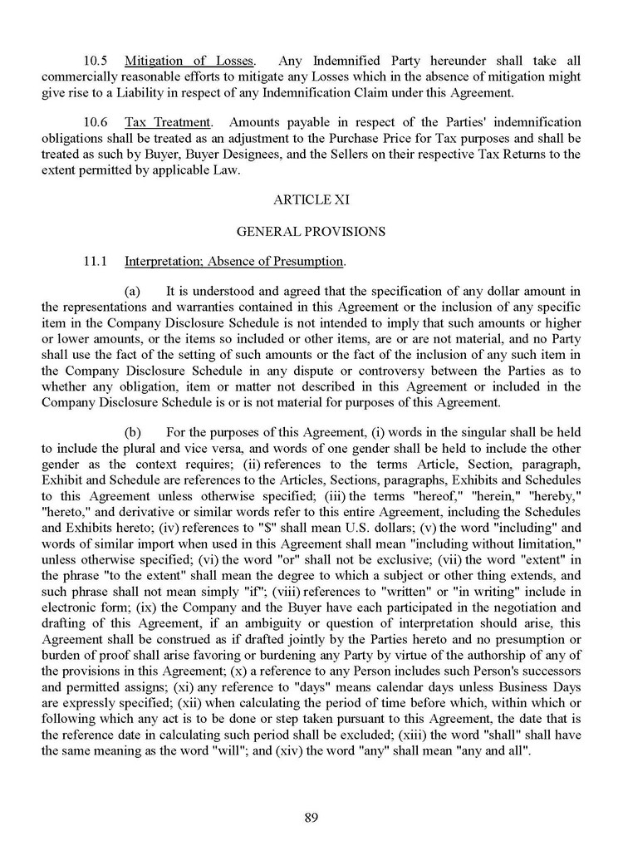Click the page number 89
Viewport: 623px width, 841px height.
tap(311, 817)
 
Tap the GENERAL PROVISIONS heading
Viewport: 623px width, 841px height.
tap(311, 232)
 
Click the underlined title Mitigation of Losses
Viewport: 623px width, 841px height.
tap(190, 61)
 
